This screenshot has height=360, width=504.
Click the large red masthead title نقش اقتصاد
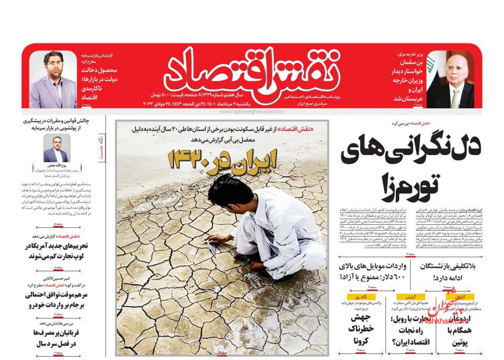pyautogui.click(x=250, y=71)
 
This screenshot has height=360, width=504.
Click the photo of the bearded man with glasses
pyautogui.click(x=52, y=80)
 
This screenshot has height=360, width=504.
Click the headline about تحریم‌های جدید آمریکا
pyautogui.click(x=56, y=251)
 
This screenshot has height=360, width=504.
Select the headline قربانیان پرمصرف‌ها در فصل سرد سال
pyautogui.click(x=56, y=338)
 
